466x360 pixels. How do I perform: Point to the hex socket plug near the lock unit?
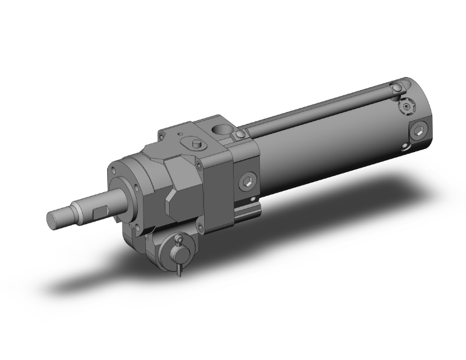tap(249, 182)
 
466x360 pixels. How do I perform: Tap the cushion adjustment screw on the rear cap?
tap(408, 108)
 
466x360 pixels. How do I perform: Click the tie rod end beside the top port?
tap(240, 136)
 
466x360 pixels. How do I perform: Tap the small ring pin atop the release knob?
tap(179, 239)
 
